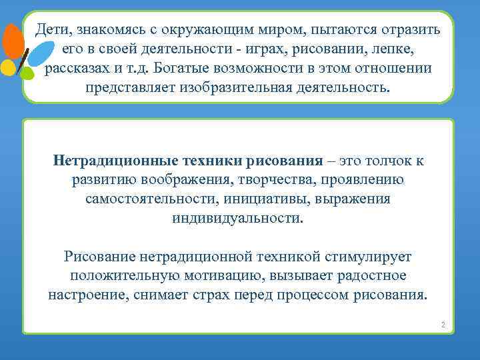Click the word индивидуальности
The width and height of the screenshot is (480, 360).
(x=237, y=219)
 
